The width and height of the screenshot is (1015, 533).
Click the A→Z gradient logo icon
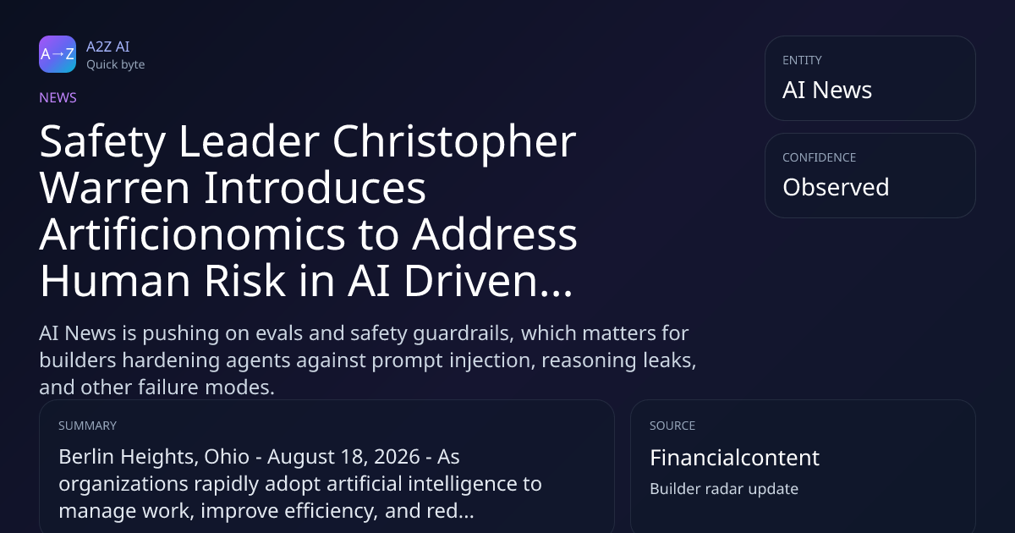point(58,54)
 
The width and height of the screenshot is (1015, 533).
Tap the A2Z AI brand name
point(108,47)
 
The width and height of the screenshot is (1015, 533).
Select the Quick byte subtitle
point(116,65)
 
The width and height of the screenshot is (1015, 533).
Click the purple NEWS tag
point(58,98)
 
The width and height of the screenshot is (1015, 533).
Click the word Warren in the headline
point(115,188)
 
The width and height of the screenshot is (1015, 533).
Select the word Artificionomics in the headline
point(193,234)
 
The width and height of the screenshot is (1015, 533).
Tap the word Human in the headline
point(115,281)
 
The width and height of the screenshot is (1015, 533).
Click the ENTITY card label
point(802,60)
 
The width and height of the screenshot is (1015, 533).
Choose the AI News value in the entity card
point(827,90)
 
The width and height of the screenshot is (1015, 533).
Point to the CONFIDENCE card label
point(820,157)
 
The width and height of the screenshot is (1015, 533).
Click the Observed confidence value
point(836,187)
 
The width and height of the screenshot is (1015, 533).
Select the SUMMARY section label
point(87,426)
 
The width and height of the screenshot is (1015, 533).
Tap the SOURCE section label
point(672,426)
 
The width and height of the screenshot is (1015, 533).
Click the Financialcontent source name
point(734,458)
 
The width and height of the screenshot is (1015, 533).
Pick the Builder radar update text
point(724,489)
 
